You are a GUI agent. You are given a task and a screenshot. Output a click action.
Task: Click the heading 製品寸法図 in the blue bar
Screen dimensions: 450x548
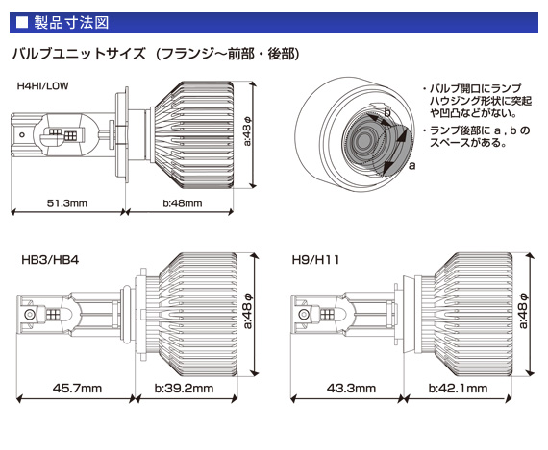pos(69,19)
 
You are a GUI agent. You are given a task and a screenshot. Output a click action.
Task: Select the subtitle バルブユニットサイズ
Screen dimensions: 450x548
pos(82,54)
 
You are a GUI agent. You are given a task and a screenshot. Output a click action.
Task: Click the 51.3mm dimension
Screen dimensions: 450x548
pos(67,202)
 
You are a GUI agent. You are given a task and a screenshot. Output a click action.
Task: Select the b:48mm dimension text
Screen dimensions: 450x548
pos(182,202)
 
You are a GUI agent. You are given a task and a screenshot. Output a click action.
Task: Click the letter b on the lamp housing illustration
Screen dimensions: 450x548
pos(386,114)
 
